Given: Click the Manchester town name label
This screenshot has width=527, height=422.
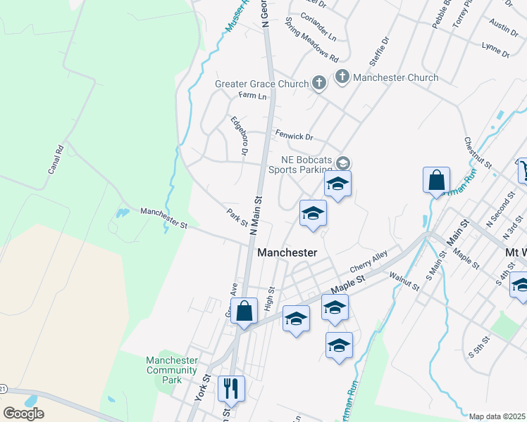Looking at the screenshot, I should tap(287, 252).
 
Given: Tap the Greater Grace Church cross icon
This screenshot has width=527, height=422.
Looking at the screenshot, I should tap(318, 84).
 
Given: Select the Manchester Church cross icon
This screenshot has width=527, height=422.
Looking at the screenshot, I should tap(342, 77).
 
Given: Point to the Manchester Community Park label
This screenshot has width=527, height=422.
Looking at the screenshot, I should tap(171, 370).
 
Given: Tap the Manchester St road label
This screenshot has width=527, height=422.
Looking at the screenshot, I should tap(163, 217).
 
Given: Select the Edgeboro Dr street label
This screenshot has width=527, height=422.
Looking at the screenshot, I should tap(240, 136).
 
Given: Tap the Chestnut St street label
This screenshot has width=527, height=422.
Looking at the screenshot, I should tap(477, 152).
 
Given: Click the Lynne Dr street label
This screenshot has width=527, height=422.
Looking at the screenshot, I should tap(495, 49).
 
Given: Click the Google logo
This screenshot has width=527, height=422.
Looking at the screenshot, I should tap(24, 414).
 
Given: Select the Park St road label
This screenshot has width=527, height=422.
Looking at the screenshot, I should tap(237, 217).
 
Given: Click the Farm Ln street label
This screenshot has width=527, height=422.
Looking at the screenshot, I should tap(252, 96).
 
